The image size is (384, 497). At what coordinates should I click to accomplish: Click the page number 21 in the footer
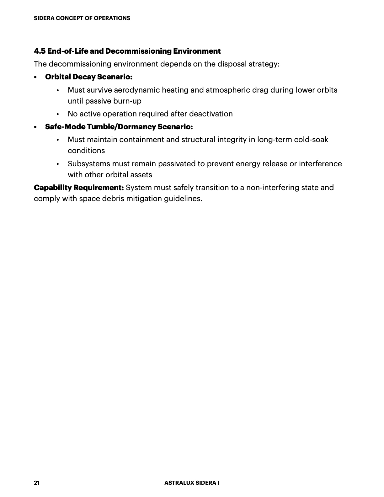click(x=37, y=483)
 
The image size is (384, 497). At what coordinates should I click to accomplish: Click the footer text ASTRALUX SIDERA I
click(x=192, y=483)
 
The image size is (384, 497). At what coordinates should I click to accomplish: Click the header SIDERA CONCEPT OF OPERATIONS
click(x=82, y=18)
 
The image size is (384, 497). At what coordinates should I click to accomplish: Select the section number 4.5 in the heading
click(x=40, y=51)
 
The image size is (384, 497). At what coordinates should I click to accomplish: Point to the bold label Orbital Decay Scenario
click(x=88, y=77)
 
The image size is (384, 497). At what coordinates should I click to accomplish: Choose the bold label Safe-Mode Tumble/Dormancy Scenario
click(x=119, y=127)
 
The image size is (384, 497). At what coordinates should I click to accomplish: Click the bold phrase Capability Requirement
click(x=79, y=188)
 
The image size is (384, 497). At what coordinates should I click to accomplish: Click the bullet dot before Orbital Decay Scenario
click(x=35, y=77)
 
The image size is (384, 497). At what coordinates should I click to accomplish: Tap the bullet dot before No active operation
click(x=58, y=114)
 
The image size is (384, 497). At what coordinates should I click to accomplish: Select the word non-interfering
click(x=272, y=188)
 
